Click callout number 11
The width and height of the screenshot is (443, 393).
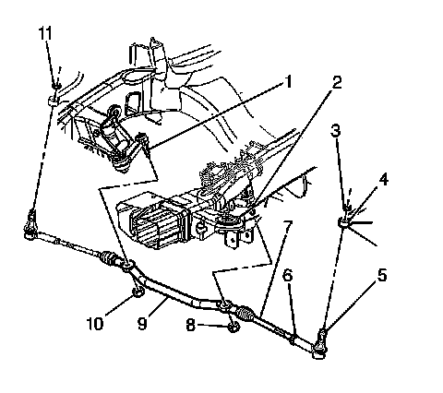point(45,33)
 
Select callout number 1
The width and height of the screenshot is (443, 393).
point(288,82)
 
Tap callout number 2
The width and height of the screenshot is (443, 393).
point(337,83)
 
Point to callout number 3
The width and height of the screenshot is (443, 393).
point(336,131)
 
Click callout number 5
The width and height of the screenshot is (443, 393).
point(382,275)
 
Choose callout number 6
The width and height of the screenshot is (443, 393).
point(287,276)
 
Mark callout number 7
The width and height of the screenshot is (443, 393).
point(287,227)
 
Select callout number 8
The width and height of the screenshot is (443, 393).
point(191,325)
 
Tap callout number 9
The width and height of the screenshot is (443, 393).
point(142,324)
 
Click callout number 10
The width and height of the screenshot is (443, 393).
point(94,324)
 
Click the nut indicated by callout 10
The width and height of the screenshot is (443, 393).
point(138,292)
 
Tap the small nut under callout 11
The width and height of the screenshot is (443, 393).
point(56,86)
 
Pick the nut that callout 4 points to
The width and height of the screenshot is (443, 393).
point(343,222)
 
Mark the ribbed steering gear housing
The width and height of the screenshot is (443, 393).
point(151,220)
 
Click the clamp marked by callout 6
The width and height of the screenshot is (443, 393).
point(293,339)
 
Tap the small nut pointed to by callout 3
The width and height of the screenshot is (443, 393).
point(347,208)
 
